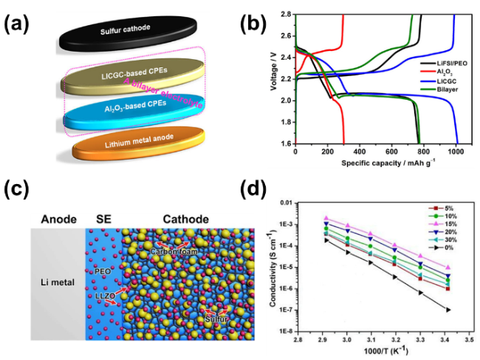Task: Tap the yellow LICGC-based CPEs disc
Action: pyautogui.click(x=126, y=77)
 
